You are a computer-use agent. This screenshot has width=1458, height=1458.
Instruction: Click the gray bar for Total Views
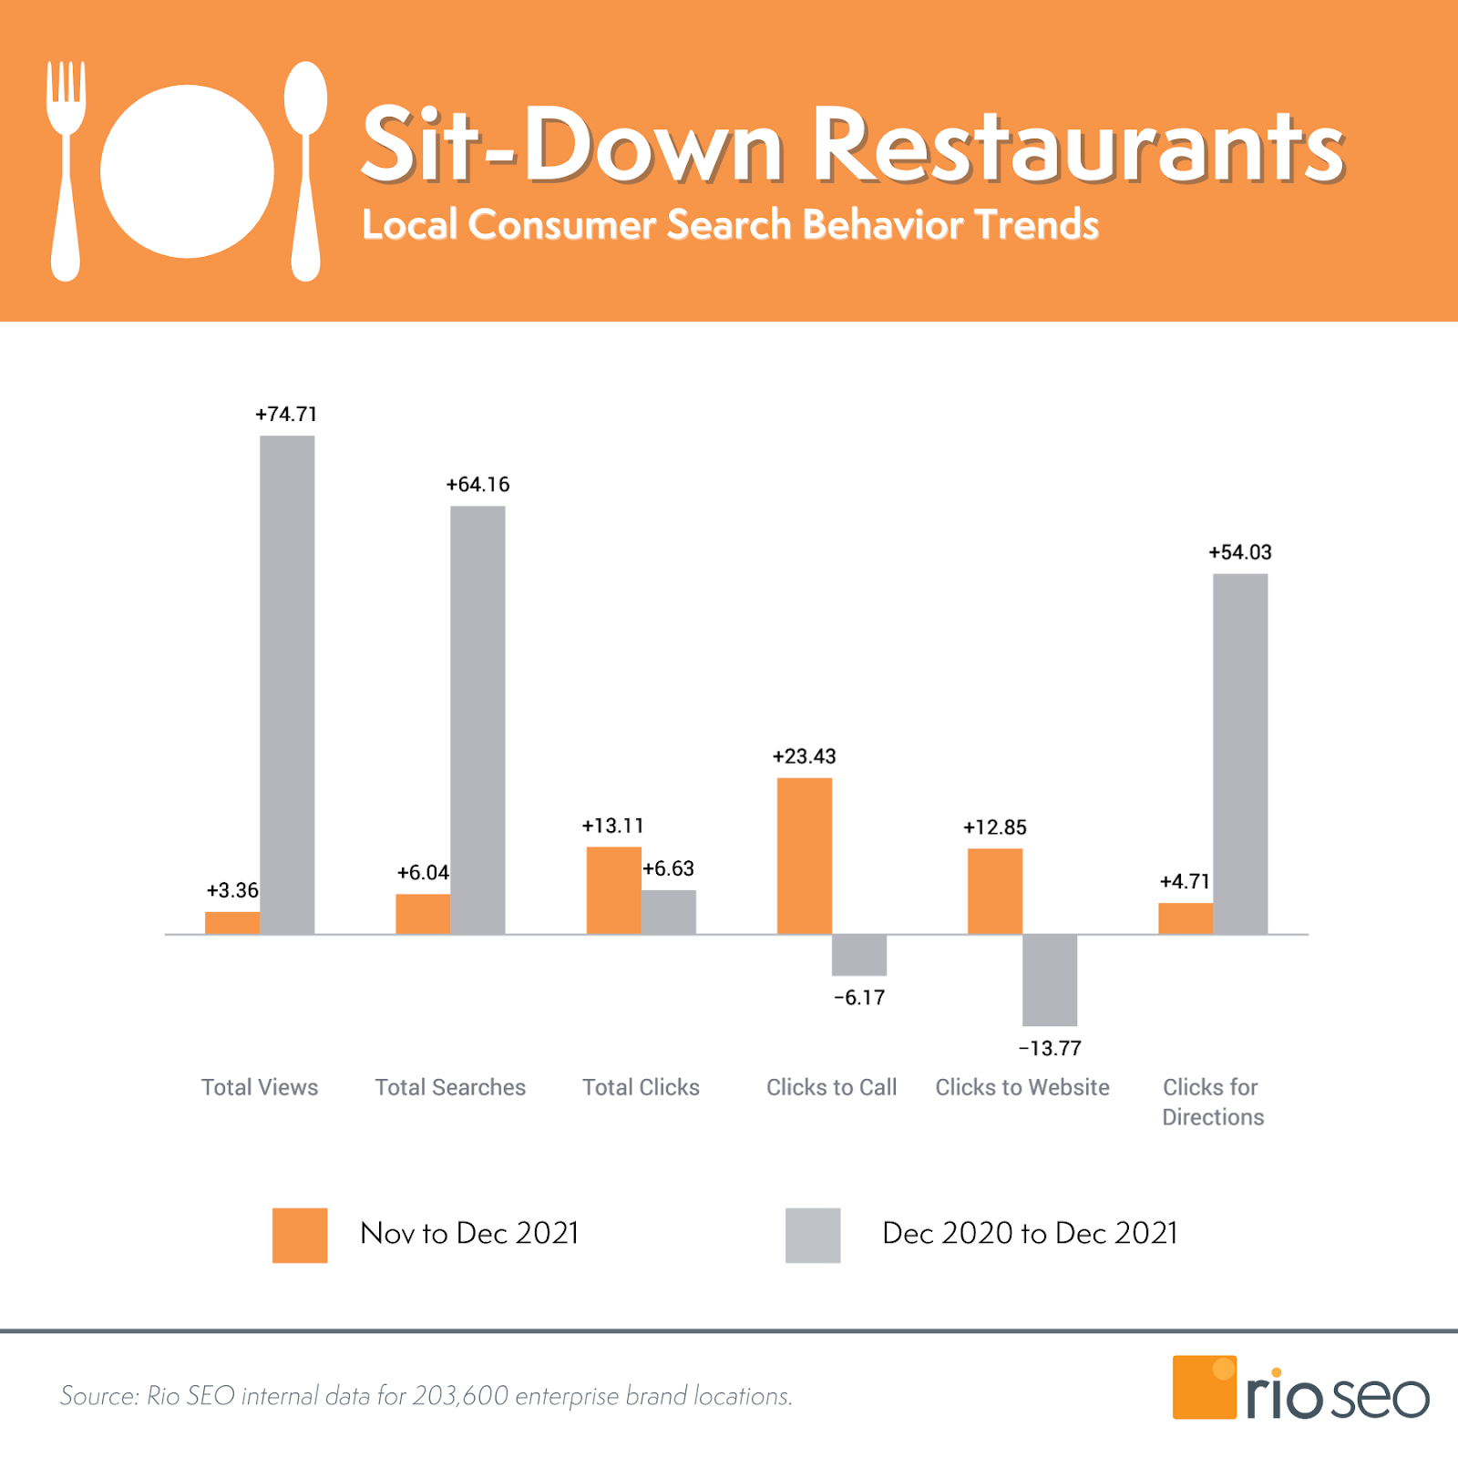pyautogui.click(x=287, y=683)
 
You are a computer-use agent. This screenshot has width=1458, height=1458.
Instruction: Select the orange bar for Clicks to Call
pyautogui.click(x=804, y=856)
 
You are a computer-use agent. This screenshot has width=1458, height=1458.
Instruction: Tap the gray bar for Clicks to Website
pyautogui.click(x=1050, y=980)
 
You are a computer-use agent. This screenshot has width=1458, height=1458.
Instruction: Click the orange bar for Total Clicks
pyautogui.click(x=613, y=890)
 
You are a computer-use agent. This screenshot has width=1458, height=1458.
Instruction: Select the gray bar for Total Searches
pyautogui.click(x=477, y=720)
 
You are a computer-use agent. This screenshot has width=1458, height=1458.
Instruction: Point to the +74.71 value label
pyautogui.click(x=286, y=415)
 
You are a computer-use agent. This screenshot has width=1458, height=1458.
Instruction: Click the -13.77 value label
pyautogui.click(x=1050, y=1049)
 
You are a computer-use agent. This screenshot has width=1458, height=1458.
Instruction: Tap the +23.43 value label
pyautogui.click(x=804, y=756)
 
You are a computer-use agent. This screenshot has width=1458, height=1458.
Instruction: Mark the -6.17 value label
pyautogui.click(x=859, y=998)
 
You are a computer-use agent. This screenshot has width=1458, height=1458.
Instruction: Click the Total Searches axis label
pyautogui.click(x=450, y=1087)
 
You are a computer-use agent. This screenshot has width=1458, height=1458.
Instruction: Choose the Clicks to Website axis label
pyautogui.click(x=1022, y=1087)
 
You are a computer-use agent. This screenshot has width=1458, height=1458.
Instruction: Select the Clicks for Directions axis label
pyautogui.click(x=1212, y=1102)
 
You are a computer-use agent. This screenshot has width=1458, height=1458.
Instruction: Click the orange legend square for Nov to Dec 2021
pyautogui.click(x=300, y=1235)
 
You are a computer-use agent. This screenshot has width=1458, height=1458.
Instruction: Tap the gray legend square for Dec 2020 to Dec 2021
pyautogui.click(x=813, y=1235)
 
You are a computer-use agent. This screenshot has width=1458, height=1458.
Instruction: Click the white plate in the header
pyautogui.click(x=187, y=171)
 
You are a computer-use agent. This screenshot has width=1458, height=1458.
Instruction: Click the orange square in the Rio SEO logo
pyautogui.click(x=1204, y=1387)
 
